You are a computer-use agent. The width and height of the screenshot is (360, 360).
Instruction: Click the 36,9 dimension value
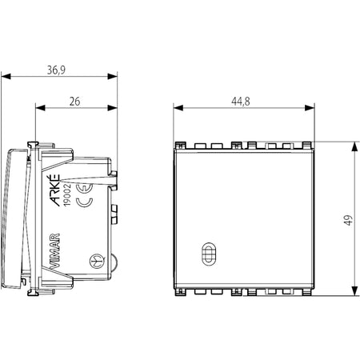coord(56,70)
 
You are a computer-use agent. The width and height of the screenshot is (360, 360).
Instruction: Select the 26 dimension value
coord(74,102)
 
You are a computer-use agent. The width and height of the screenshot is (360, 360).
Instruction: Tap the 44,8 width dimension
coord(241,102)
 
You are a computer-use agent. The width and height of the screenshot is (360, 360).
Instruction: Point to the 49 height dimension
coord(348,220)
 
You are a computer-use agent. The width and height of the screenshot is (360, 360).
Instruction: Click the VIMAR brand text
coord(55,250)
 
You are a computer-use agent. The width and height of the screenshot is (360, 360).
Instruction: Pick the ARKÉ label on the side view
coord(55,190)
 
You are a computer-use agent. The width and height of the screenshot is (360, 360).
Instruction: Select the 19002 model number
coord(66,194)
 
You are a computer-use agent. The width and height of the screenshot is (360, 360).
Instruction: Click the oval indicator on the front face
coord(209,254)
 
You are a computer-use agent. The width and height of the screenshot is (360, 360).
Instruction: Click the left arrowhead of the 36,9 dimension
coord(6,77)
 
